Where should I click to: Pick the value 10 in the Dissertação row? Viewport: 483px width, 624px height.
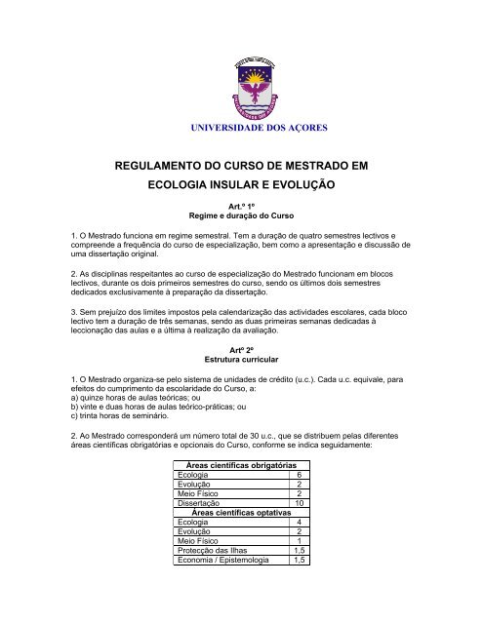click(x=299, y=502)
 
